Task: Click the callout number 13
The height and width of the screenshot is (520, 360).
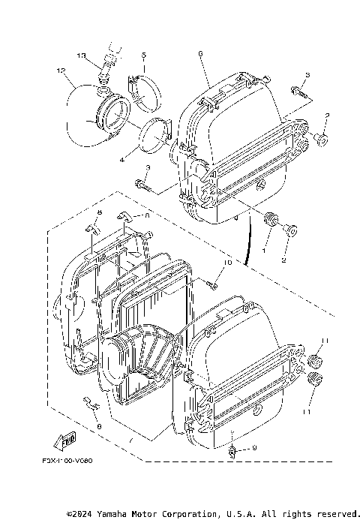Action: point(82,56)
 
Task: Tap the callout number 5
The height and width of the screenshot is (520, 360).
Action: point(144,56)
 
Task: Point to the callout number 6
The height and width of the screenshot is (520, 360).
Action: point(201,53)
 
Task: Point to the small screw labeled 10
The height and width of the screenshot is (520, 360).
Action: point(212,284)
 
